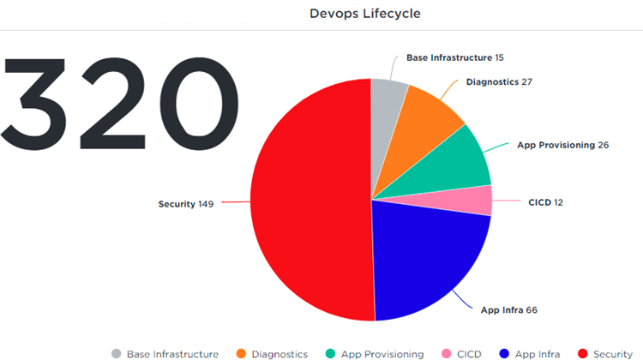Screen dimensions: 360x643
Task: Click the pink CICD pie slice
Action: click(x=480, y=201)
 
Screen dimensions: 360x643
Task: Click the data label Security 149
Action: click(x=186, y=204)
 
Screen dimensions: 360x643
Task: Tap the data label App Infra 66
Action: click(x=509, y=309)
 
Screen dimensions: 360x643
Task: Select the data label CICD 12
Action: click(x=546, y=202)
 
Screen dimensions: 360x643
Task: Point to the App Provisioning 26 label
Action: click(x=562, y=145)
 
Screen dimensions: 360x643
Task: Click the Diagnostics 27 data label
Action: click(x=499, y=82)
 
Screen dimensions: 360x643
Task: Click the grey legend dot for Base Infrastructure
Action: click(x=116, y=353)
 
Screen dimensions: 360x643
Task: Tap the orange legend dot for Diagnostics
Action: click(x=242, y=353)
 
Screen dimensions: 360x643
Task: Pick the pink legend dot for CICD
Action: click(x=445, y=353)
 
